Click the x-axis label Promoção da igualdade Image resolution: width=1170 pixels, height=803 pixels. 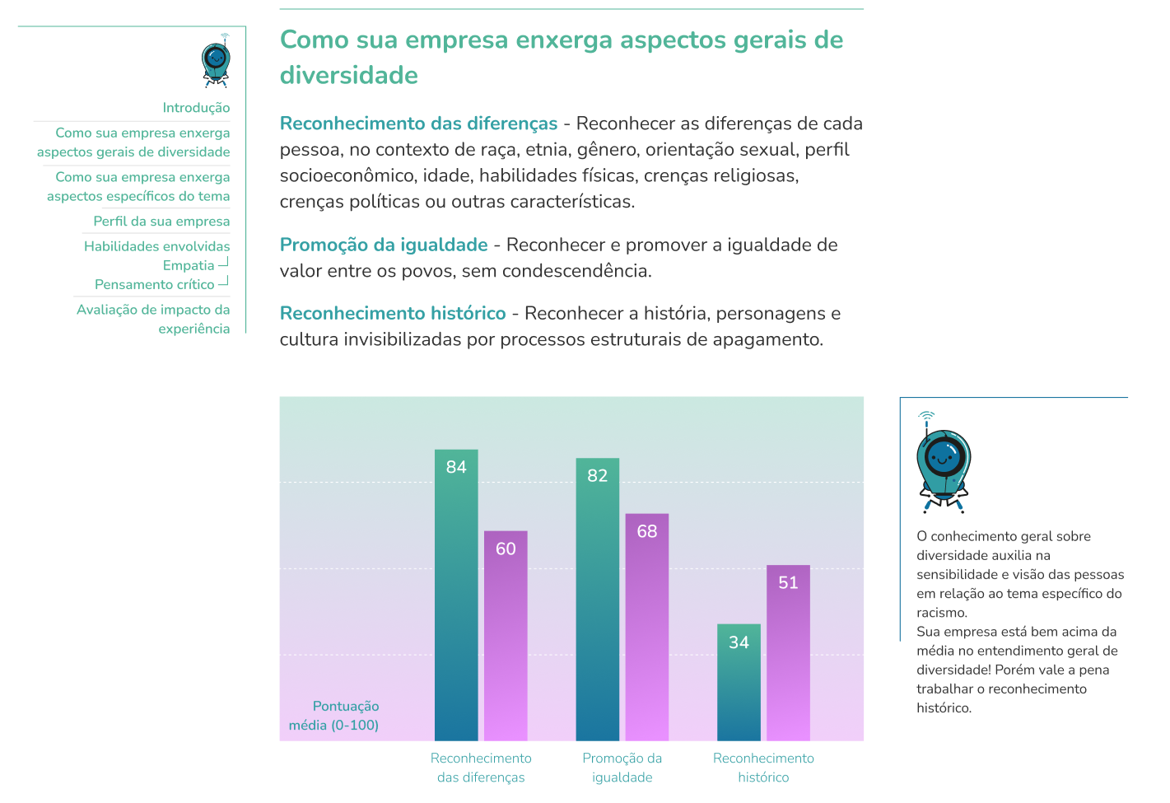coord(622,768)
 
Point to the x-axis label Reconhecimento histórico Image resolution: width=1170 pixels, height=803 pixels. coord(763,768)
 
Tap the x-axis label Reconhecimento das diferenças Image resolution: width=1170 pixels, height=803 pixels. coord(481,768)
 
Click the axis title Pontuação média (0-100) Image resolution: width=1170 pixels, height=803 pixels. coord(334,716)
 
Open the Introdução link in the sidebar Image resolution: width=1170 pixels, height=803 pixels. coord(196,108)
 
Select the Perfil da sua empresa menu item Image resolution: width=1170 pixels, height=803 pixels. coord(161,221)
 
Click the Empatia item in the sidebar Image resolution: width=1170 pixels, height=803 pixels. coord(189,265)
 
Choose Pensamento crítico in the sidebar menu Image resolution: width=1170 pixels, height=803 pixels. coord(155,284)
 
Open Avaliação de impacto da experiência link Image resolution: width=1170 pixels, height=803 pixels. coord(153,319)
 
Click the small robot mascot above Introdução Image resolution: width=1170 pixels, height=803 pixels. coord(216,63)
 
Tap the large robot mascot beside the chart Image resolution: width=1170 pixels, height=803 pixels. coord(943,462)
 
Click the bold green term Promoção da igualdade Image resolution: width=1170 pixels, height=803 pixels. coord(384,245)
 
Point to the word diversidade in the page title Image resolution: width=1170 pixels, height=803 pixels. coord(349,76)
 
